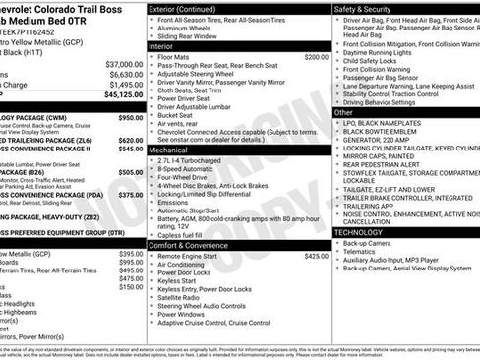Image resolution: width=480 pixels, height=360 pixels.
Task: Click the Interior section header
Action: [161, 46]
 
